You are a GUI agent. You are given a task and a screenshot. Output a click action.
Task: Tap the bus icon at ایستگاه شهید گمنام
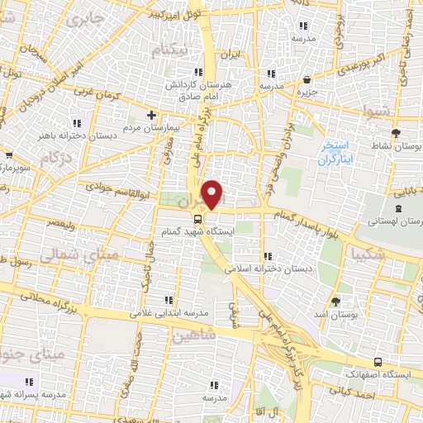197,219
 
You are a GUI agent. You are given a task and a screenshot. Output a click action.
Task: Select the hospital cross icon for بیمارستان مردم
151,115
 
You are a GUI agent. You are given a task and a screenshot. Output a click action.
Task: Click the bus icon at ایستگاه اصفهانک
378,362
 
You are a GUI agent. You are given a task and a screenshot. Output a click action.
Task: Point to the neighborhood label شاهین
194,335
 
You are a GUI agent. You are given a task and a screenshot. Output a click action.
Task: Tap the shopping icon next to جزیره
307,80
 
